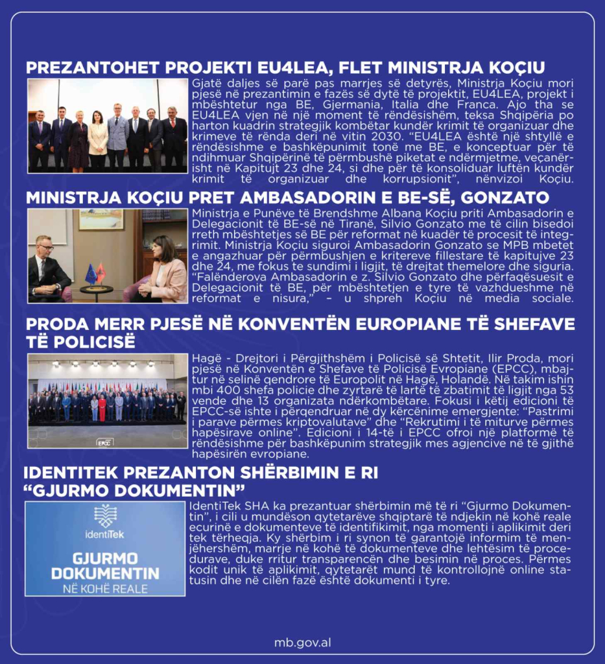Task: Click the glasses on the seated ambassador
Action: coord(45,246)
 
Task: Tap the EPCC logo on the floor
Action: coord(103,442)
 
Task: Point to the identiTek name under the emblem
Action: coord(104,536)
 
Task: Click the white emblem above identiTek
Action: coord(105,516)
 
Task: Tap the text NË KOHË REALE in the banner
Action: coord(105,589)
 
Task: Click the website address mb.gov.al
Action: coord(302,643)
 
